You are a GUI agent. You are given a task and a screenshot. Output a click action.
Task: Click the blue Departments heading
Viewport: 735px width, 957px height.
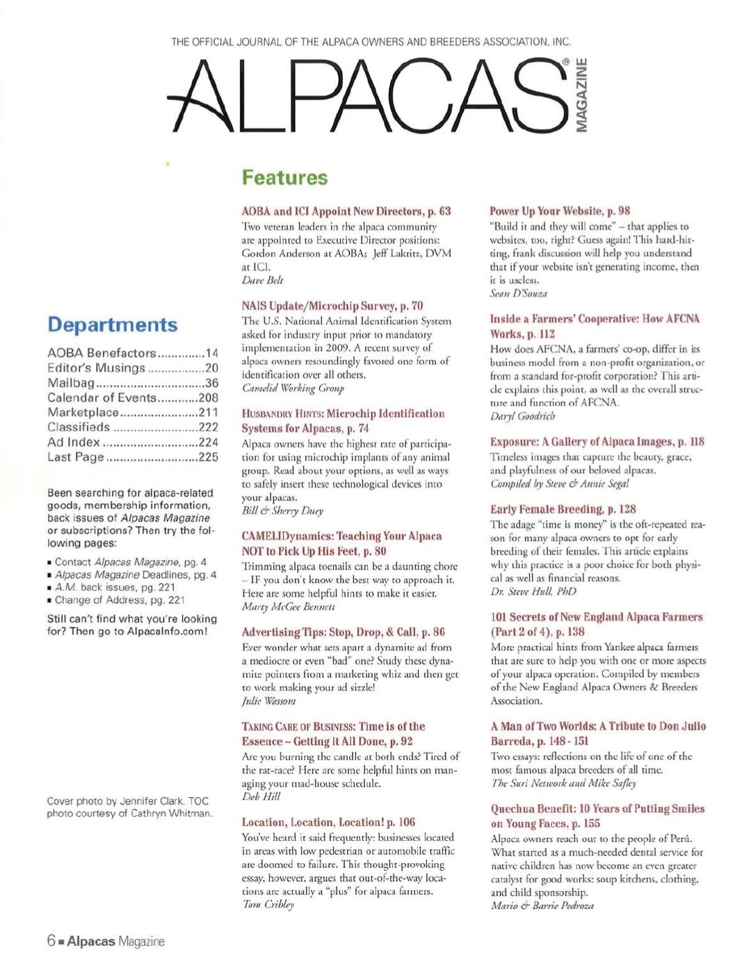click(112, 325)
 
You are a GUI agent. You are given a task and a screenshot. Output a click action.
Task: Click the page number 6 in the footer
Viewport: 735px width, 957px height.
click(51, 942)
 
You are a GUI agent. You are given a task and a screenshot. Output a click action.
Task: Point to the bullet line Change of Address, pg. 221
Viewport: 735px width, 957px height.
click(118, 600)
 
